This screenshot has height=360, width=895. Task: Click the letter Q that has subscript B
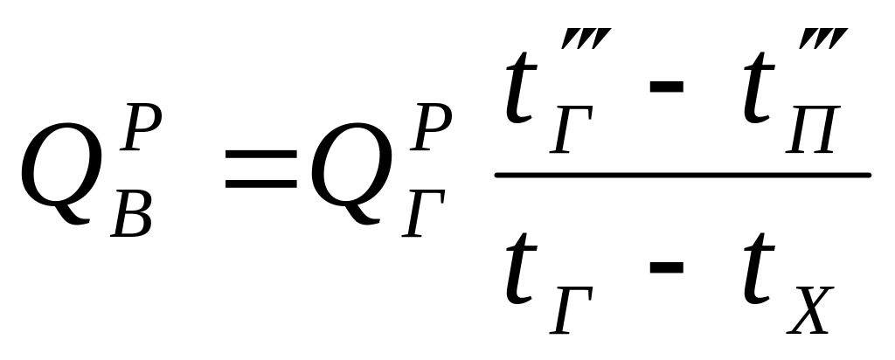coord(56,176)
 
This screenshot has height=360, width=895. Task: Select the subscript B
coord(133,213)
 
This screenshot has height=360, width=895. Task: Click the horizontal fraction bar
coord(683,176)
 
